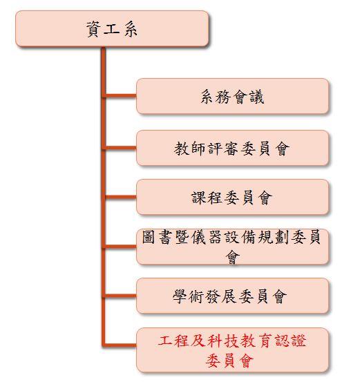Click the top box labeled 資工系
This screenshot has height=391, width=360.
[x=112, y=28]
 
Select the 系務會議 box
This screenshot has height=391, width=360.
[x=232, y=96]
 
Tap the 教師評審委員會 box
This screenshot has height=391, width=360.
[x=232, y=148]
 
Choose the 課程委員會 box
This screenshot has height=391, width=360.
[x=232, y=197]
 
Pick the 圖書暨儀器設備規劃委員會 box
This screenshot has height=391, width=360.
[x=232, y=247]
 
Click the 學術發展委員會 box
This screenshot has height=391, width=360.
[x=232, y=296]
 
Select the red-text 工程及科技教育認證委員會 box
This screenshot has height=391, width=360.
[x=232, y=350]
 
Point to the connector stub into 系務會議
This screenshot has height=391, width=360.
[x=121, y=95]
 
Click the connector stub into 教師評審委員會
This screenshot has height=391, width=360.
[x=121, y=148]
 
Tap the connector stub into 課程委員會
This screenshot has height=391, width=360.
[x=121, y=197]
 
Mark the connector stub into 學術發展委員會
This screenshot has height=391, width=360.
[x=121, y=296]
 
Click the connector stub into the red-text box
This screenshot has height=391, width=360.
[x=121, y=345]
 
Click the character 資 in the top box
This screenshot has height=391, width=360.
[x=93, y=29]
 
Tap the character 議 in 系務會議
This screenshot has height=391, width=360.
[x=257, y=97]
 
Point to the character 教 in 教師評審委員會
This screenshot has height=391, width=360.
[x=181, y=149]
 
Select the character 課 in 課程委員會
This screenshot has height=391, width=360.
[x=198, y=198]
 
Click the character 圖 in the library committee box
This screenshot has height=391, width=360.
[x=149, y=237]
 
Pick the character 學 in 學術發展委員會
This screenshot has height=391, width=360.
[x=180, y=296]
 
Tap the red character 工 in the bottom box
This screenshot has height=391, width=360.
[x=165, y=341]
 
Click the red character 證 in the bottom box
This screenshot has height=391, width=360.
[x=299, y=341]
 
